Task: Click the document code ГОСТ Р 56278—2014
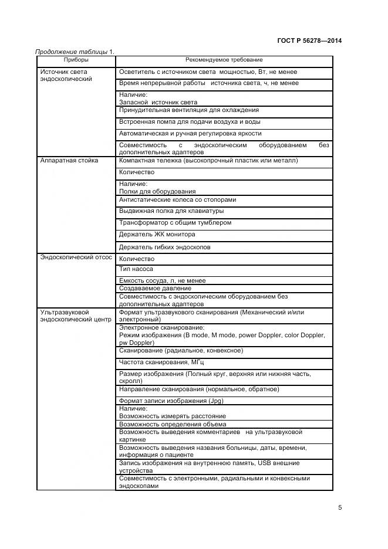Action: pos(309,40)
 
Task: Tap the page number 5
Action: pos(340,508)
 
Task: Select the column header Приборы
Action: pos(76,60)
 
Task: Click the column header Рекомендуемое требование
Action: pos(224,60)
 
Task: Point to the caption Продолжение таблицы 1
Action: pos(75,51)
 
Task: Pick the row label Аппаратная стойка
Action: pos(69,160)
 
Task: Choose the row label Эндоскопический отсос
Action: pos(76,257)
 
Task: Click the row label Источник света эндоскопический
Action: pos(66,75)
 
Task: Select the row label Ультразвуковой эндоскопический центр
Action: pos(75,316)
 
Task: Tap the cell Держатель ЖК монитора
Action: pos(158,235)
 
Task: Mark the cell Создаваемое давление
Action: pos(155,289)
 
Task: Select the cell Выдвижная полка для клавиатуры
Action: pos(171,211)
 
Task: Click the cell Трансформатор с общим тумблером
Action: pos(175,223)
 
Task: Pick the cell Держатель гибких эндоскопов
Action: pos(164,247)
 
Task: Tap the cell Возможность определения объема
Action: pos(173,424)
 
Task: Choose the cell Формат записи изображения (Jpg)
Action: pos(171,401)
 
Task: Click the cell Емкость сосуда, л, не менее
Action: pos(162,281)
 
